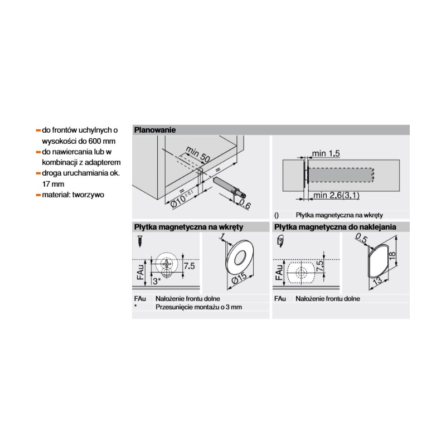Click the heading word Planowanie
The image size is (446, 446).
[x=155, y=130]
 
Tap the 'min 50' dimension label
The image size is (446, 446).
[x=198, y=156]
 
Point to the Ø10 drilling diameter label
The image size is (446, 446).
[x=182, y=200]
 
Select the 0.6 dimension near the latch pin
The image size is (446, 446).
[x=245, y=204]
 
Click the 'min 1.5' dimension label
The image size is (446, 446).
[x=326, y=154]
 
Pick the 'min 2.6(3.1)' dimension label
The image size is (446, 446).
[x=337, y=196]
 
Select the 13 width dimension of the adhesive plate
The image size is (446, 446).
[x=377, y=283]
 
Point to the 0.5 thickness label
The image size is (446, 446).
[x=361, y=239]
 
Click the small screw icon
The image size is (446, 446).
[x=140, y=241]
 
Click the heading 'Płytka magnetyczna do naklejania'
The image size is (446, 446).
[x=335, y=227]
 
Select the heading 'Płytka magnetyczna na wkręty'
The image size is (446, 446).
[x=188, y=227]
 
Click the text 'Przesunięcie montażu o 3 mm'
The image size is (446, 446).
[x=198, y=307]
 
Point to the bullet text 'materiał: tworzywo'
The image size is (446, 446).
[x=73, y=195]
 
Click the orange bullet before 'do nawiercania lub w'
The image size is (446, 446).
[x=38, y=152]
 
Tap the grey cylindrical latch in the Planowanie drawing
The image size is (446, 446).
[x=230, y=188]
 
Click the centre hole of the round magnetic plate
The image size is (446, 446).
[x=240, y=257]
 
